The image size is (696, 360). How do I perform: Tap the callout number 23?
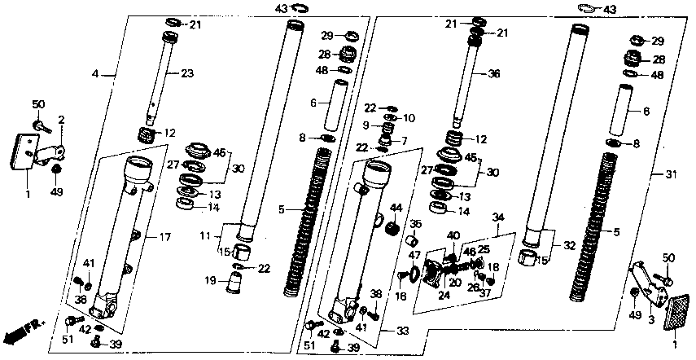187,73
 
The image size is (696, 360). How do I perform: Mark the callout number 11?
206,236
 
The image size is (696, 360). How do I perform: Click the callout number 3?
650,321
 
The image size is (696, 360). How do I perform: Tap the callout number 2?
61,121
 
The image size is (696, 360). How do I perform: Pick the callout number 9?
366,126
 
